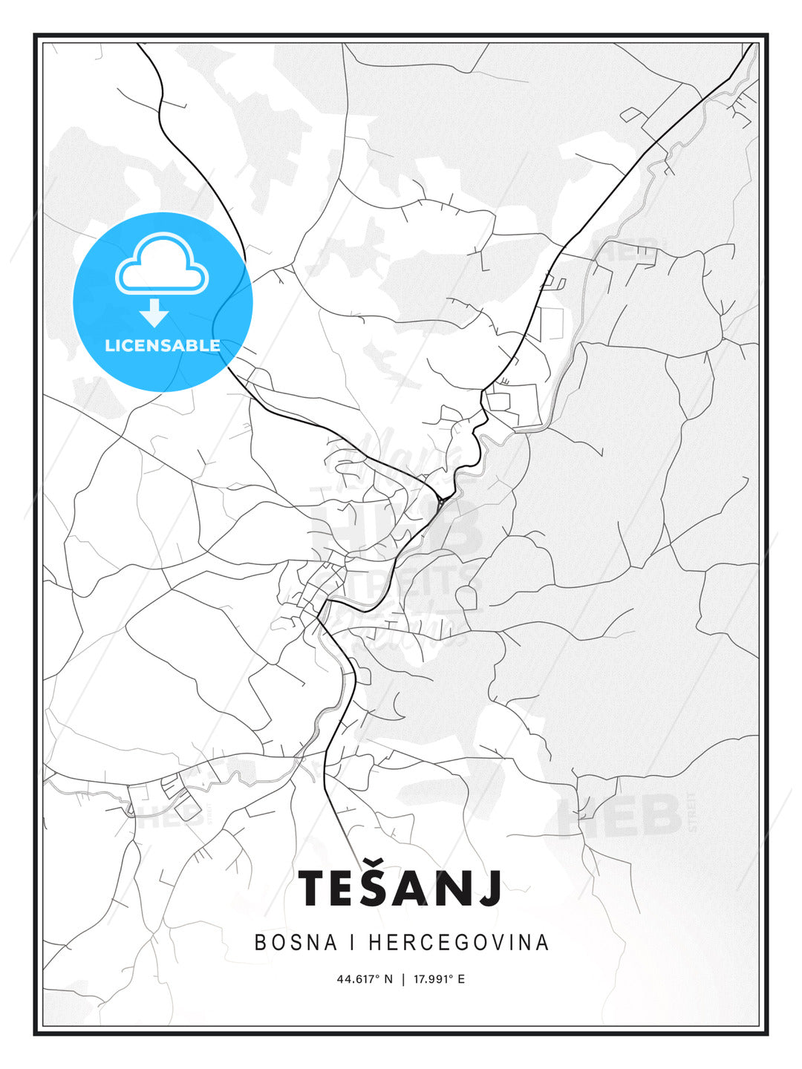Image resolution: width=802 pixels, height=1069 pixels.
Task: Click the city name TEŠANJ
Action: click(400, 888)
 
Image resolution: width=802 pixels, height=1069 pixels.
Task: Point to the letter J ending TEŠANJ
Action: click(491, 889)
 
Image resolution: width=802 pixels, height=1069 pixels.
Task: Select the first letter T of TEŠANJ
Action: click(313, 889)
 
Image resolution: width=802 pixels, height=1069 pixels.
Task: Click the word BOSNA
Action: click(293, 943)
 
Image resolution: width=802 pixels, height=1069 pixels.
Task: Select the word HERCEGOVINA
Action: click(459, 943)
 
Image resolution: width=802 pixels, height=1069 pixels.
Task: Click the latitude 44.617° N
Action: click(365, 979)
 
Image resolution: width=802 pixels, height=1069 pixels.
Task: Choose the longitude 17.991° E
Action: click(440, 979)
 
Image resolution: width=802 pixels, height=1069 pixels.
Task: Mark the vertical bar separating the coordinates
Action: click(403, 979)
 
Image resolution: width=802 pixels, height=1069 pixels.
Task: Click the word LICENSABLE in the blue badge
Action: click(163, 345)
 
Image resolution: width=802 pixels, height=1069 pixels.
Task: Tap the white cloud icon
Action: click(163, 264)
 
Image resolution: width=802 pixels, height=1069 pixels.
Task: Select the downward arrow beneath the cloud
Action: click(154, 312)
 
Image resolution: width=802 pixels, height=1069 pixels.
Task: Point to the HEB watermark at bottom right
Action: click(620, 814)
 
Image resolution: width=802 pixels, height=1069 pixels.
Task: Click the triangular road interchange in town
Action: click(442, 503)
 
